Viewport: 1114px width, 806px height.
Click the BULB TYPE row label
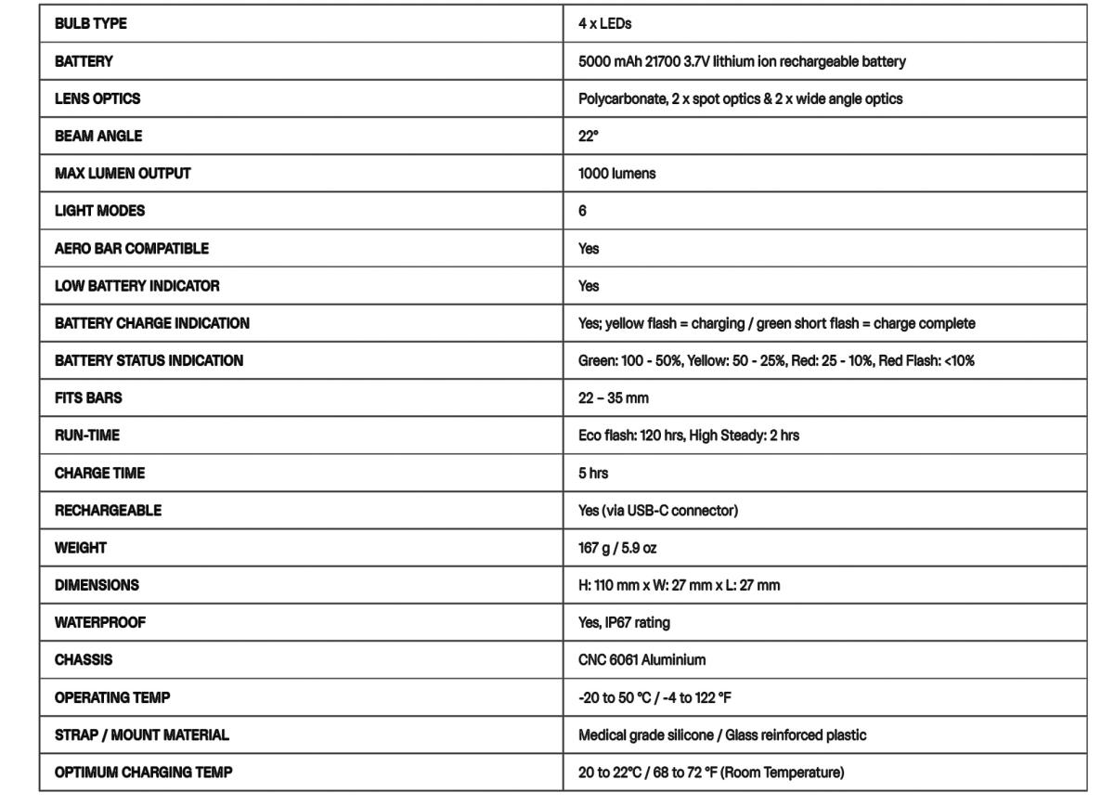(91, 24)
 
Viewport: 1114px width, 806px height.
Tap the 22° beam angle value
(589, 136)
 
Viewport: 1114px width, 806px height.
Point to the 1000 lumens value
(616, 174)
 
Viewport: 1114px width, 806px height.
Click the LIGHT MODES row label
(99, 211)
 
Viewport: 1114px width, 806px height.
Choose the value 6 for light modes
(582, 211)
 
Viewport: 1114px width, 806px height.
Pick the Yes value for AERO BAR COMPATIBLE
(589, 249)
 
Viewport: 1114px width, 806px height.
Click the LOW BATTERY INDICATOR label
(137, 286)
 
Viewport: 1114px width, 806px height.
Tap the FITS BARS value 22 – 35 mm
(613, 398)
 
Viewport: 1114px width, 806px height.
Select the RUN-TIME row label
(87, 435)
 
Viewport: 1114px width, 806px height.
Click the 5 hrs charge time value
(593, 473)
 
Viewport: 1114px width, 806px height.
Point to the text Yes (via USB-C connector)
(657, 511)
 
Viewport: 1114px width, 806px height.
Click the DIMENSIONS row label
(97, 586)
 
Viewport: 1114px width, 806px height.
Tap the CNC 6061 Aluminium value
(641, 660)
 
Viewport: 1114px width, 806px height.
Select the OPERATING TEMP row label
(112, 697)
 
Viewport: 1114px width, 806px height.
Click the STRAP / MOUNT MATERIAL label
(141, 735)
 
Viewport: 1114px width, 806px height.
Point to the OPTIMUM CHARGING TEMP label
(143, 773)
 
